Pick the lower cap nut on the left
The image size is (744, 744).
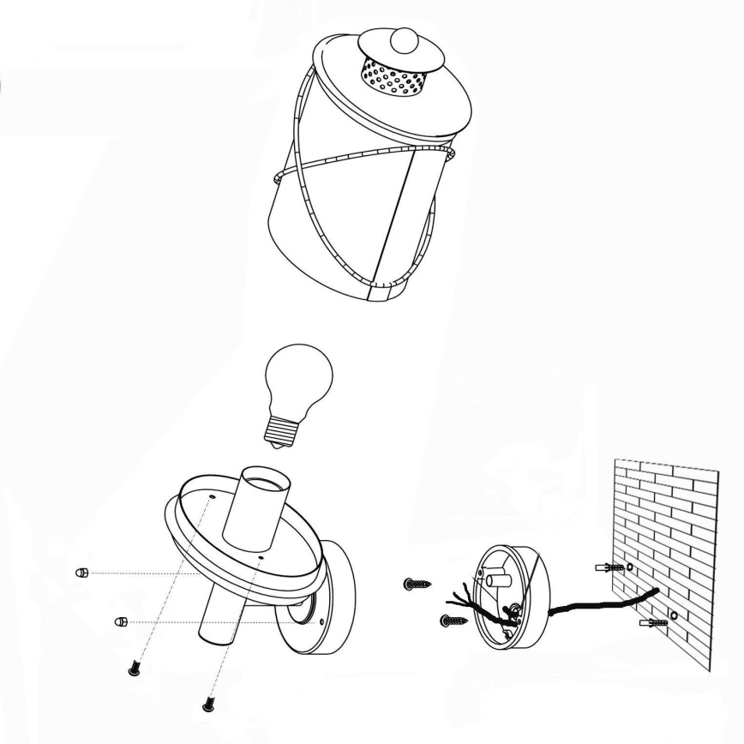(122, 621)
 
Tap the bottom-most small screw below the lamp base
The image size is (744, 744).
(207, 705)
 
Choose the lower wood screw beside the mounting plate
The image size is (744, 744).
(450, 620)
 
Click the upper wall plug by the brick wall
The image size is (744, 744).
(609, 567)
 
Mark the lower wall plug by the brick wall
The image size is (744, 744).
(653, 623)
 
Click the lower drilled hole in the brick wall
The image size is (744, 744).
(674, 615)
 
